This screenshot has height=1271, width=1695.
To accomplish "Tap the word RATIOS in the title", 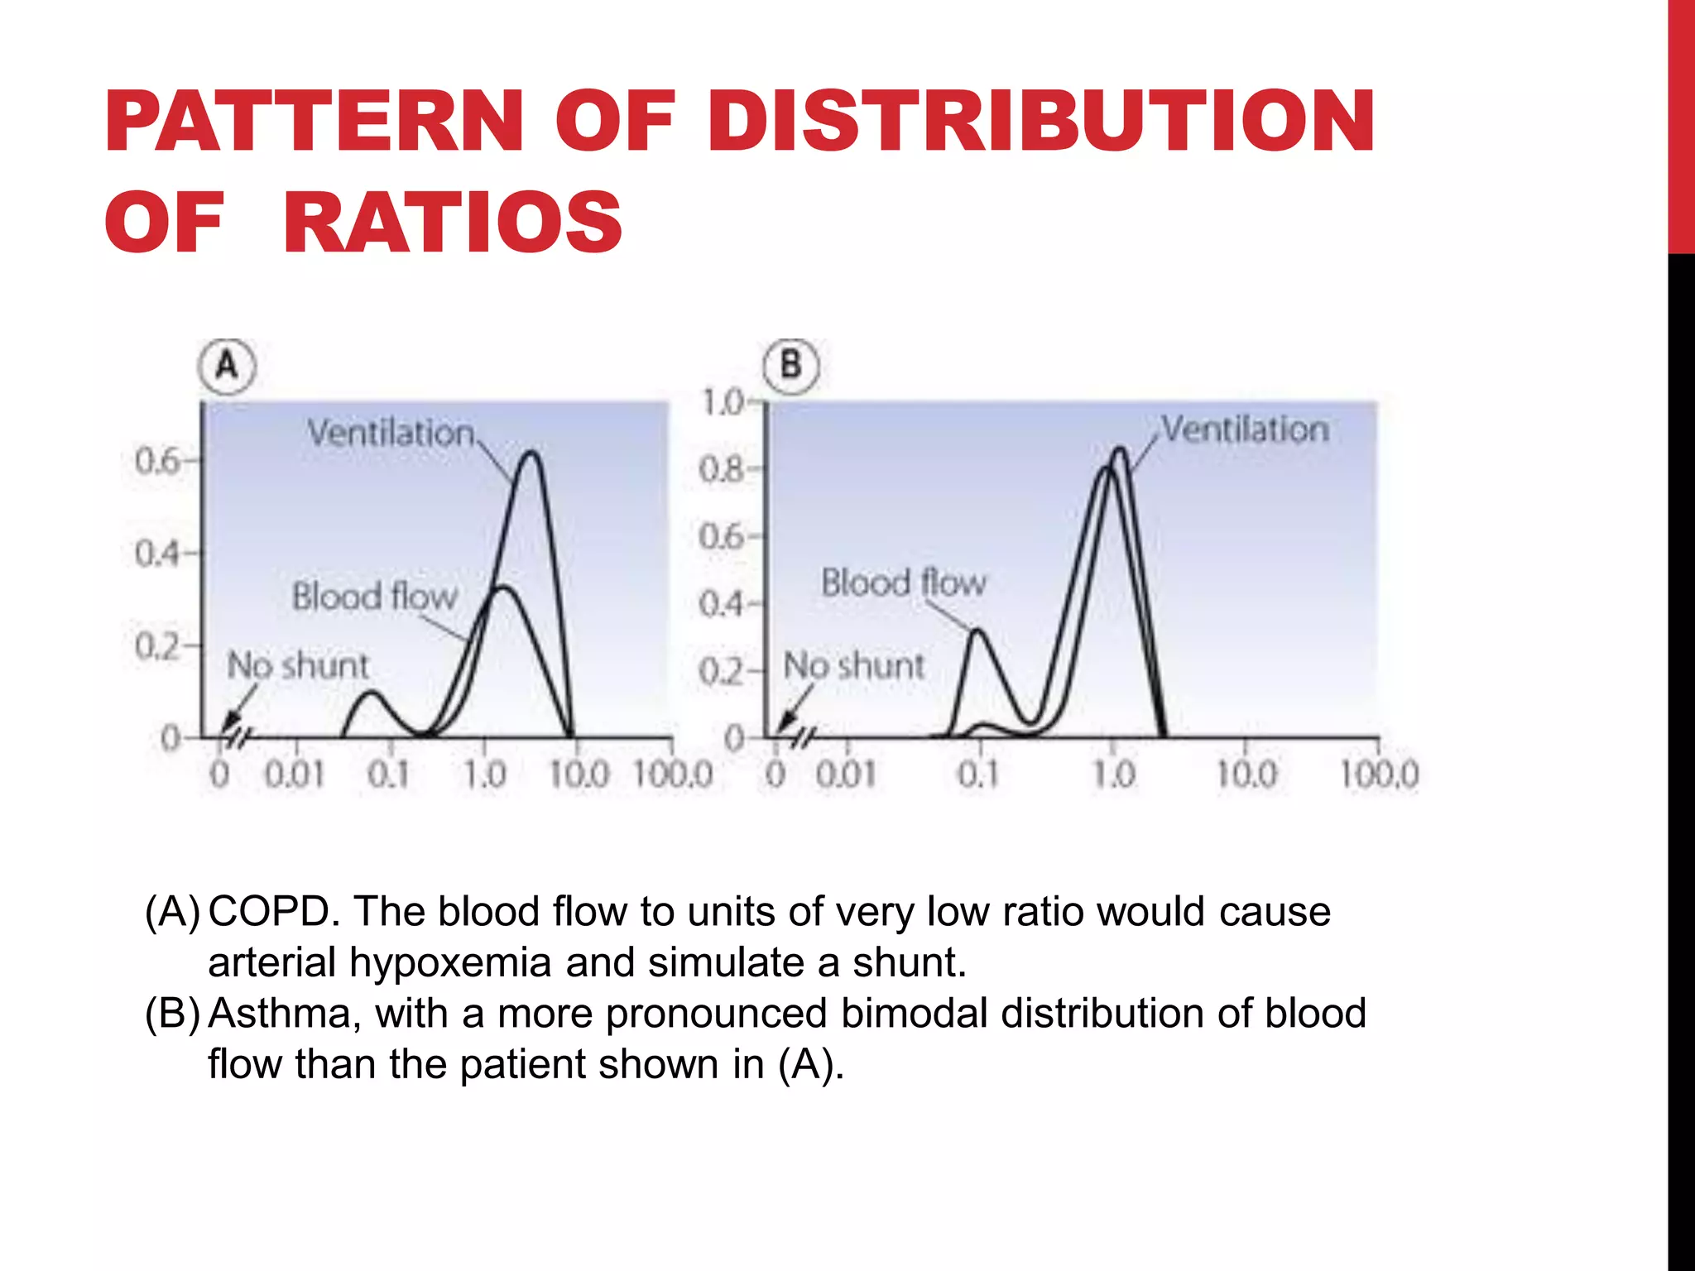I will (x=452, y=222).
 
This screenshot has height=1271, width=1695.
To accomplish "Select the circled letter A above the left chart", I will (x=227, y=366).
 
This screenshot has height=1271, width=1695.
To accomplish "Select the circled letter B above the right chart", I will (x=790, y=365).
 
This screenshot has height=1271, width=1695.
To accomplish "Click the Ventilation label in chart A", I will (x=391, y=433).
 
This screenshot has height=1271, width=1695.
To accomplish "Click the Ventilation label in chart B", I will (x=1245, y=429).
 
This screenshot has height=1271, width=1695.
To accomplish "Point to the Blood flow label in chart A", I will (x=374, y=596).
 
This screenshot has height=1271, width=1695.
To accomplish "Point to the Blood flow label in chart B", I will (x=903, y=583).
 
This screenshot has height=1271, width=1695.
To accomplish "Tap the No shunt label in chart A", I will (x=298, y=665).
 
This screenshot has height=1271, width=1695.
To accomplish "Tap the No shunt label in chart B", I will (x=853, y=665).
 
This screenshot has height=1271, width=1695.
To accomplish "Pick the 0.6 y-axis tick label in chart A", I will (x=157, y=461).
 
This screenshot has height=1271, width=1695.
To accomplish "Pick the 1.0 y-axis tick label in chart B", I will (x=723, y=403).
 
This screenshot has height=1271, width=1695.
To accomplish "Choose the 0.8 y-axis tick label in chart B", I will (x=721, y=470).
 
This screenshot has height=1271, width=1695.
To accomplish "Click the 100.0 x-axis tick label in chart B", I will (x=1379, y=775).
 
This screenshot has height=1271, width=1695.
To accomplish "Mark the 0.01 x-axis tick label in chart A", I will (x=294, y=775).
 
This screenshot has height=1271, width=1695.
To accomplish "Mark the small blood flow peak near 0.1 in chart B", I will (x=978, y=631).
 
